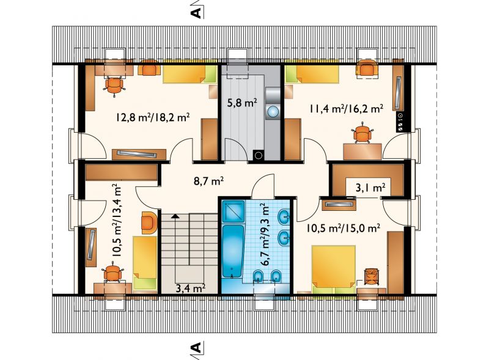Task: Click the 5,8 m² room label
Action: click(x=242, y=103)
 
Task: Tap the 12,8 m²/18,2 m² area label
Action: click(x=153, y=117)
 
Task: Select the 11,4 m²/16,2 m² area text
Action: click(x=346, y=108)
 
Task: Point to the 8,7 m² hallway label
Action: click(x=208, y=181)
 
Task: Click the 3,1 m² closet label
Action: click(x=370, y=188)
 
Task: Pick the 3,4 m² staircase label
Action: click(x=190, y=288)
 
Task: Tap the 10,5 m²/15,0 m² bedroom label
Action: click(x=344, y=228)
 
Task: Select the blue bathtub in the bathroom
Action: click(x=233, y=251)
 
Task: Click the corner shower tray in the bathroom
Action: click(x=233, y=211)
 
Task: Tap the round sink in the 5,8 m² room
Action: click(x=273, y=112)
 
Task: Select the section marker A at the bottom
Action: click(x=196, y=347)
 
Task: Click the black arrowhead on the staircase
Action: click(x=175, y=216)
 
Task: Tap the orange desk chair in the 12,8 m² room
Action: click(x=114, y=85)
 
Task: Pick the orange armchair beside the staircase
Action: click(x=149, y=222)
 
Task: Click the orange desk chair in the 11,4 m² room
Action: click(x=362, y=133)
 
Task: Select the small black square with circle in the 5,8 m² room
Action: click(x=258, y=155)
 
